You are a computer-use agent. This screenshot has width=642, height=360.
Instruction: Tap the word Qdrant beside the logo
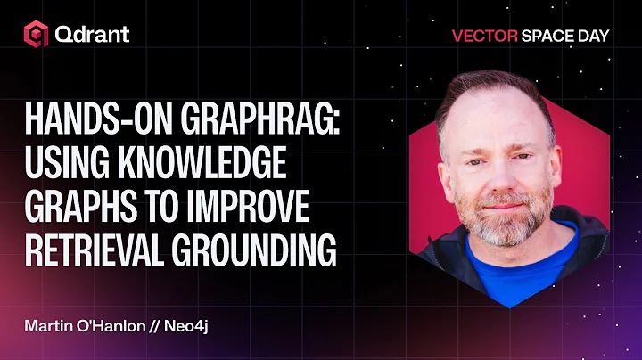tap(92, 36)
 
